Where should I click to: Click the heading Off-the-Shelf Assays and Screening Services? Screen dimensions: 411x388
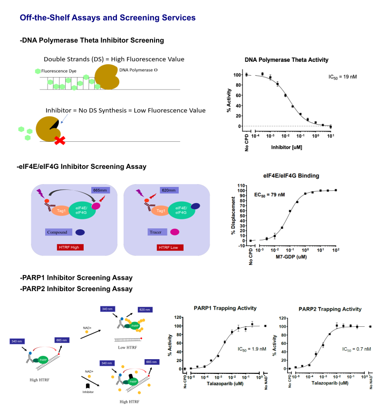[x=107, y=18]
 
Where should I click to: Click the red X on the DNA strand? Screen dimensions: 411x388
[x=59, y=140]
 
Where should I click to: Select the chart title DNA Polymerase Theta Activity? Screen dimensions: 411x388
[x=286, y=60]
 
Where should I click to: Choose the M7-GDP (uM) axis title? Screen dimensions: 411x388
[x=291, y=258]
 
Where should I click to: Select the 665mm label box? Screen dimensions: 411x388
[x=101, y=190]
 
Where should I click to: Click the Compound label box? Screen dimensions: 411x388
[x=59, y=232]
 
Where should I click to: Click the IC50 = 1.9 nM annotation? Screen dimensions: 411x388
[x=251, y=349]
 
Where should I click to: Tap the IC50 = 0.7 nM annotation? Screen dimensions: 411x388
[x=357, y=349]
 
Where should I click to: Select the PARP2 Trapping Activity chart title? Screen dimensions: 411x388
[x=330, y=309]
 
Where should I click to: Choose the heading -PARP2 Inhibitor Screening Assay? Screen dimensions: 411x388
[x=76, y=289]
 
